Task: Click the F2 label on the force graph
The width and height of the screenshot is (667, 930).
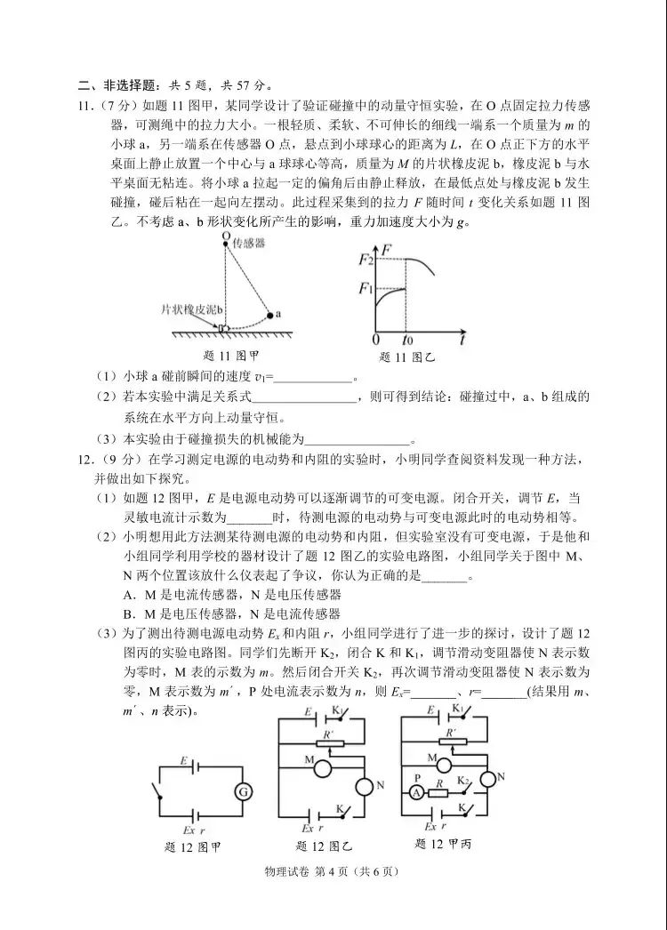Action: point(364,260)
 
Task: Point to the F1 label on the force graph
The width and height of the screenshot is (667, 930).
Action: point(364,288)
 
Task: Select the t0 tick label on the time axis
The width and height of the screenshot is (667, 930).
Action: point(408,341)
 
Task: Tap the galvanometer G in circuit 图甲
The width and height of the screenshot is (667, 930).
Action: point(243,792)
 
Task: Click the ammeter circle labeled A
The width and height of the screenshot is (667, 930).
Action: point(414,792)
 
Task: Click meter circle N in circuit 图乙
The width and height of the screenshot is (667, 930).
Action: point(365,786)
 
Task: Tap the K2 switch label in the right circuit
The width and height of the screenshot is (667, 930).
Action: point(463,780)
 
